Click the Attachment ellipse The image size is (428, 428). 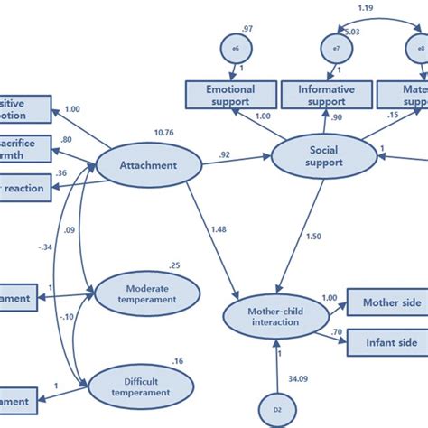pos(147,165)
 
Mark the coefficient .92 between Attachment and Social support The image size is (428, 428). pos(222,154)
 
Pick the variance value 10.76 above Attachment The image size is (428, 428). pos(164,134)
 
